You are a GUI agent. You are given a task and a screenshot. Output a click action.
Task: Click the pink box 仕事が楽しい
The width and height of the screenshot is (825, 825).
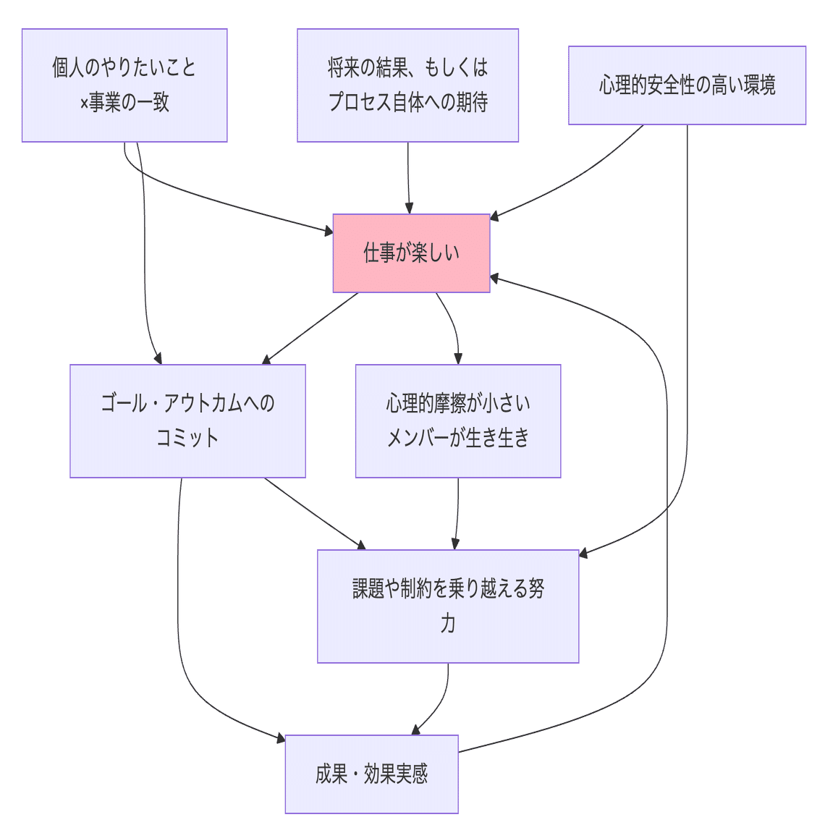[x=411, y=253]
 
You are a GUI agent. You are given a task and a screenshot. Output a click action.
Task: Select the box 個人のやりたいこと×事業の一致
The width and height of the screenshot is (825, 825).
[x=124, y=85]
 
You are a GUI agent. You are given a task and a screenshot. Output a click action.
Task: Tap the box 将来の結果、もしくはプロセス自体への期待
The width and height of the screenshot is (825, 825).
[x=407, y=85]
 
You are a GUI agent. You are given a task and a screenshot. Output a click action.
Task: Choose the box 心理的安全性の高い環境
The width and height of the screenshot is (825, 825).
[x=687, y=85]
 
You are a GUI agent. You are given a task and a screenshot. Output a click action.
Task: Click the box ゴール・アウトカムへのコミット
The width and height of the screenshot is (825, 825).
[x=187, y=420]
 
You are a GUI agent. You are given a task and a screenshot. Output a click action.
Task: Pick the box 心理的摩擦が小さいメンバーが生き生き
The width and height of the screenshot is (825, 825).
[x=458, y=420]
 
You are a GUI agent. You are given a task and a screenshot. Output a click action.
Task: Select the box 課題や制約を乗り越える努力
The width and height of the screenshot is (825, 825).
[x=448, y=606]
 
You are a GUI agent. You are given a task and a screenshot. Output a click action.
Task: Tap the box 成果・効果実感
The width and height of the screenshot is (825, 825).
[x=371, y=774]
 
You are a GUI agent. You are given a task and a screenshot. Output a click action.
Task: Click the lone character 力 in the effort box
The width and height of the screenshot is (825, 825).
[x=448, y=624]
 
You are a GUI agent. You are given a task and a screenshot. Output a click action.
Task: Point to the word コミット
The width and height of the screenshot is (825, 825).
[x=187, y=438]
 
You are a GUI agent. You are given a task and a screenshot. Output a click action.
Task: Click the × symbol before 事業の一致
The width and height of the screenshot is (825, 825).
[x=84, y=103]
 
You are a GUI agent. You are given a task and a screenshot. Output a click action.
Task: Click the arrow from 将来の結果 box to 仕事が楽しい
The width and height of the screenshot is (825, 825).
[x=408, y=177]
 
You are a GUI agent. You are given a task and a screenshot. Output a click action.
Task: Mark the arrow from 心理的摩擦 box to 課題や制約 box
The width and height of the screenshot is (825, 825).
[x=457, y=514]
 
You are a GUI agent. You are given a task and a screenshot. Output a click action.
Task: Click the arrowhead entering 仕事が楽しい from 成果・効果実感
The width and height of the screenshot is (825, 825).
[x=495, y=277]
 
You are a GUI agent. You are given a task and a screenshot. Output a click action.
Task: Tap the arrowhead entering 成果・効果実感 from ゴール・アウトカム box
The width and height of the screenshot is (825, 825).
[x=281, y=738]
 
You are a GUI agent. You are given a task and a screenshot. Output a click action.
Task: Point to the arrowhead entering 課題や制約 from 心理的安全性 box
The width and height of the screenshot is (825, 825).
[x=584, y=554]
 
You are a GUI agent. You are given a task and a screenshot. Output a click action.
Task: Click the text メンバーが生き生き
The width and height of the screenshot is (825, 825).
[x=458, y=438]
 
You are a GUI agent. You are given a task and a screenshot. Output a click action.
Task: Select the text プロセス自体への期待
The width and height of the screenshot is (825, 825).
[x=407, y=103]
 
